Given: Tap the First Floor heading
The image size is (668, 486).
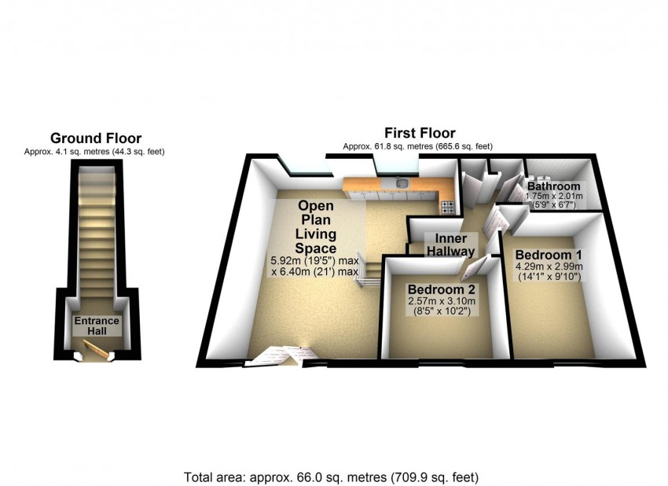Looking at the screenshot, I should (420, 133).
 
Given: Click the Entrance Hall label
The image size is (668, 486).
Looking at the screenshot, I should (97, 326).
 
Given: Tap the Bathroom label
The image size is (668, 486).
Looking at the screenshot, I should (554, 186).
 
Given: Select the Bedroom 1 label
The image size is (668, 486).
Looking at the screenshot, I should (549, 255).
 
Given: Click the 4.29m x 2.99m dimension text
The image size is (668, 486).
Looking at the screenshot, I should (549, 267).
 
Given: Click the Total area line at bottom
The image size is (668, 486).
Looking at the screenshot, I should (331, 477).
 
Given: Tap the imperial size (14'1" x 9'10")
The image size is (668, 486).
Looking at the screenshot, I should (549, 278).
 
